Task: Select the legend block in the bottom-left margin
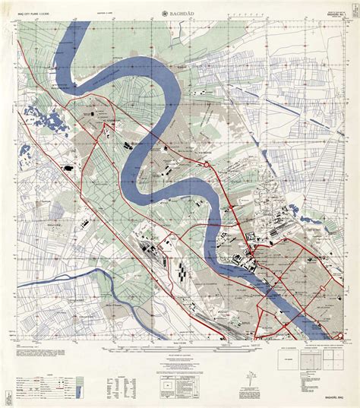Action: [x=46, y=372]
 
